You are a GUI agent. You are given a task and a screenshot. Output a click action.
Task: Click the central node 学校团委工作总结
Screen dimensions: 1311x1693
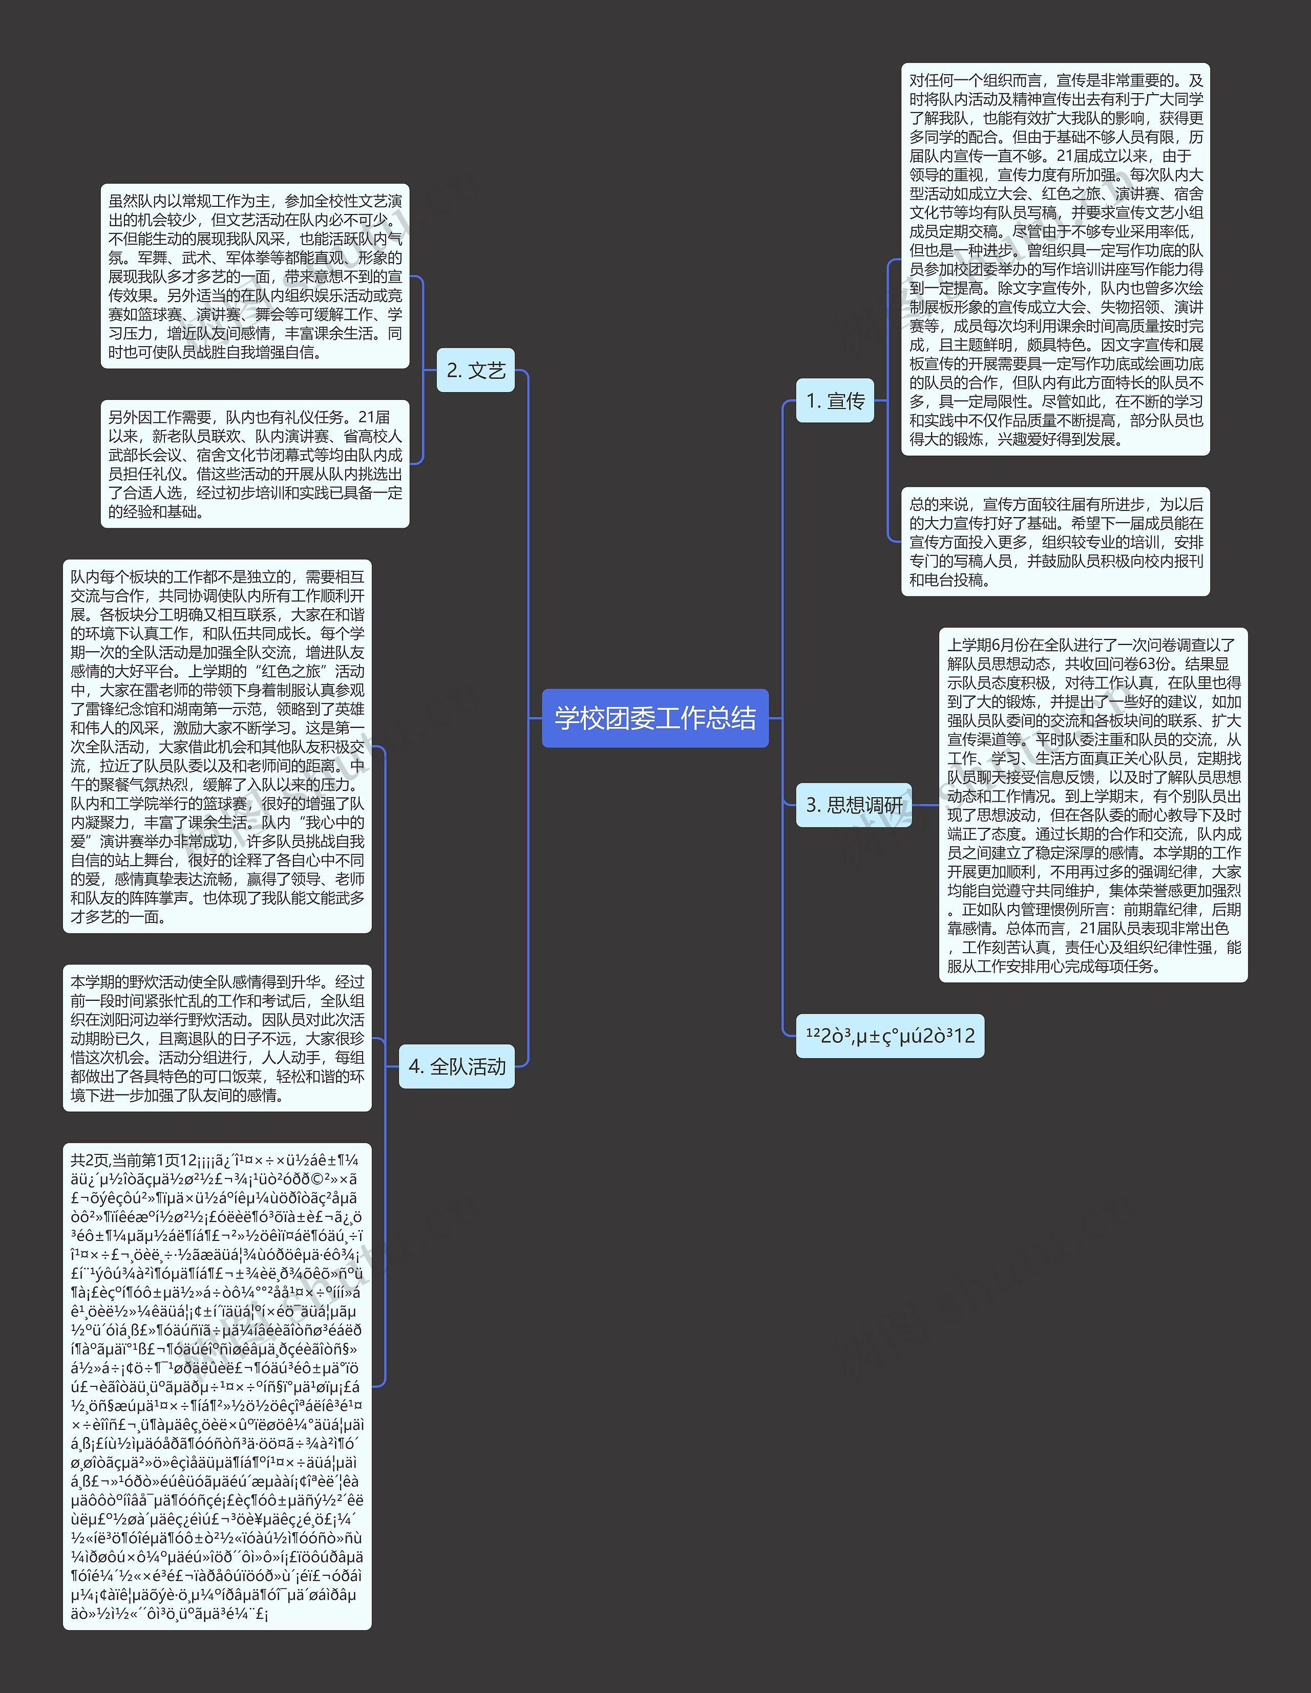click(x=655, y=718)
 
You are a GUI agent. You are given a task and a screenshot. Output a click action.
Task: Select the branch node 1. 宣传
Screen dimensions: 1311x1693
click(x=835, y=401)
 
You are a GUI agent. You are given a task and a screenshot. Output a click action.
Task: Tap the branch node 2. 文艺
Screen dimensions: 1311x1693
click(x=475, y=371)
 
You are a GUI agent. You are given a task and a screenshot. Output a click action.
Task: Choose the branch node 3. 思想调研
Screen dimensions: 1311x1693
click(x=854, y=805)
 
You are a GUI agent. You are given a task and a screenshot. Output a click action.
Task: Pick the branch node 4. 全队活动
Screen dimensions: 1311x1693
click(x=457, y=1067)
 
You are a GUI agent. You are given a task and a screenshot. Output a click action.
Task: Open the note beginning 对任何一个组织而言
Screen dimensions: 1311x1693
click(x=1055, y=260)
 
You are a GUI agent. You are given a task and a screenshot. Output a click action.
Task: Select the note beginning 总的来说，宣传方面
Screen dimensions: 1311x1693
click(x=1055, y=542)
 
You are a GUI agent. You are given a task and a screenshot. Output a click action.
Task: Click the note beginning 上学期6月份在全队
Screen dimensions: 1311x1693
click(x=1093, y=805)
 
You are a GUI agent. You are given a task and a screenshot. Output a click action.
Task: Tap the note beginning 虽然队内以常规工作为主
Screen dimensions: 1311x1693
click(x=255, y=276)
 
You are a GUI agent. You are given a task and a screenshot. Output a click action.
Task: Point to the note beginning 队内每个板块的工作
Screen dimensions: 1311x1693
click(x=217, y=746)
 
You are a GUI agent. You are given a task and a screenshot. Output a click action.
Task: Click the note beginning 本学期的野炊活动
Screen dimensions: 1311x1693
click(x=217, y=1038)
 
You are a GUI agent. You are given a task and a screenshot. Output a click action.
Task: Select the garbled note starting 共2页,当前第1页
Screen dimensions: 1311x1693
click(x=217, y=1387)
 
